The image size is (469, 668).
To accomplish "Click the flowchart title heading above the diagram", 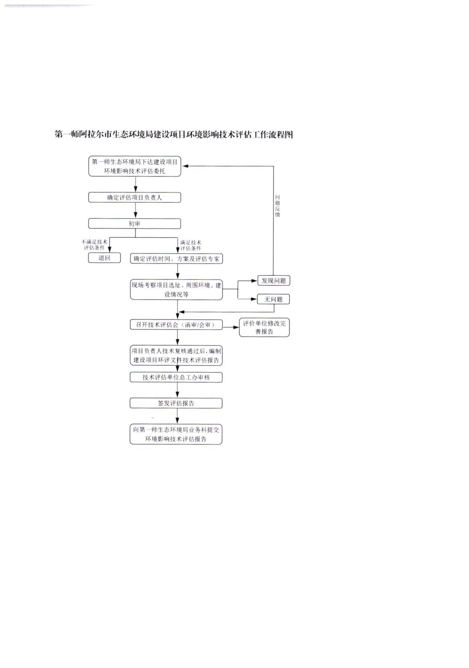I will click(174, 134).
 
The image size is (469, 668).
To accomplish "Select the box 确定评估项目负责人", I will click(135, 197).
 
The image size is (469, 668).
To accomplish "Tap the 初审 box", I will click(135, 224).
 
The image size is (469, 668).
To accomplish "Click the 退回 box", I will click(104, 258).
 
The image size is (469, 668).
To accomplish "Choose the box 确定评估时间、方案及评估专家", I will click(176, 259).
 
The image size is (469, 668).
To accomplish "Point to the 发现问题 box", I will click(274, 281).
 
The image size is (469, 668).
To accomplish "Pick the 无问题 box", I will click(273, 299).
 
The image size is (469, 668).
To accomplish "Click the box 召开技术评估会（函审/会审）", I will click(176, 325).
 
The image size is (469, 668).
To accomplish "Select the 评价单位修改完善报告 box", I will click(264, 328).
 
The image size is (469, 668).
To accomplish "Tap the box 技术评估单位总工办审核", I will click(176, 377).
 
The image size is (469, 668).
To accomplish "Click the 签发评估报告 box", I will click(176, 403).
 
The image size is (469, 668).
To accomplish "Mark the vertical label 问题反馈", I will click(277, 206).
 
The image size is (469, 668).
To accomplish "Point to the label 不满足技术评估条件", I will click(95, 244).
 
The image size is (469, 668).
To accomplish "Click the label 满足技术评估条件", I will click(191, 245).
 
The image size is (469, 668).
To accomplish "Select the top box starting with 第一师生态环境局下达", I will click(135, 166).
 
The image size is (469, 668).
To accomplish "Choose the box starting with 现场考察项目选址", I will click(176, 289).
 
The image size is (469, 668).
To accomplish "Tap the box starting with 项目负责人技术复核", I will click(176, 355).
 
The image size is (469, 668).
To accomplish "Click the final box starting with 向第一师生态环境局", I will click(176, 434).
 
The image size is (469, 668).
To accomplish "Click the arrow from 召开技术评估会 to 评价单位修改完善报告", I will click(231, 327).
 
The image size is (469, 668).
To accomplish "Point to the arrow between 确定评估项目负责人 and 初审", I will click(135, 210).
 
